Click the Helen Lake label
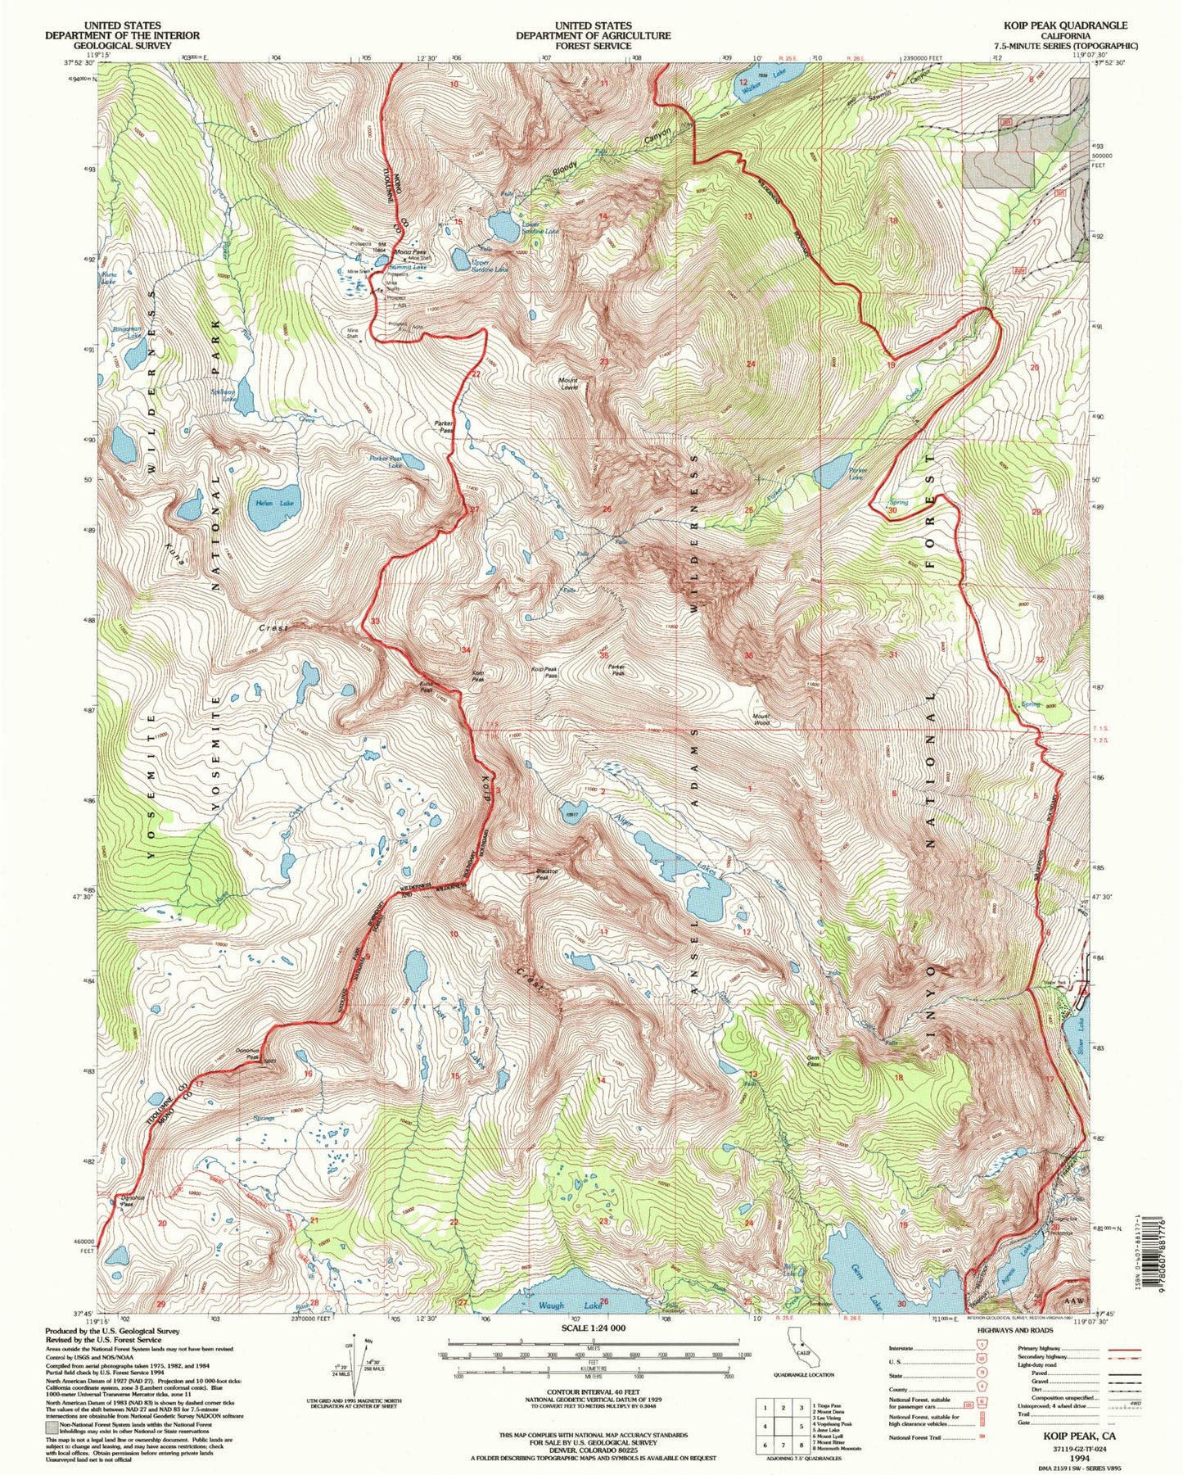point(274,503)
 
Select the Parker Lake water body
point(832,470)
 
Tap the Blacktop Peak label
point(542,874)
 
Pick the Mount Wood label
point(761,719)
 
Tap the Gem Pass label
point(814,1060)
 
